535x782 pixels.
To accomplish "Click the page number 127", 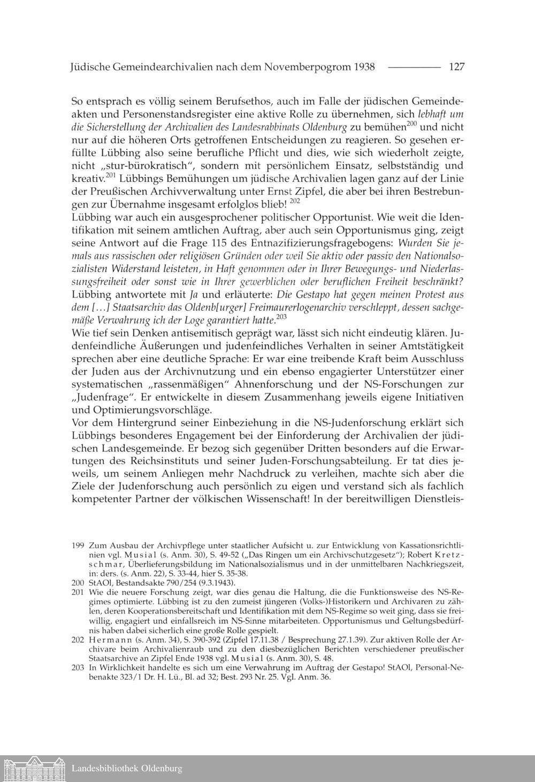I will (456, 67).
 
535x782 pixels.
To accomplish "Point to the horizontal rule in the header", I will (413, 67).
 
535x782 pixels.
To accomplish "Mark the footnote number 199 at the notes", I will (78, 546).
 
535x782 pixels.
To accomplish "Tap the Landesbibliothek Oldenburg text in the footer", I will (127, 769).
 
